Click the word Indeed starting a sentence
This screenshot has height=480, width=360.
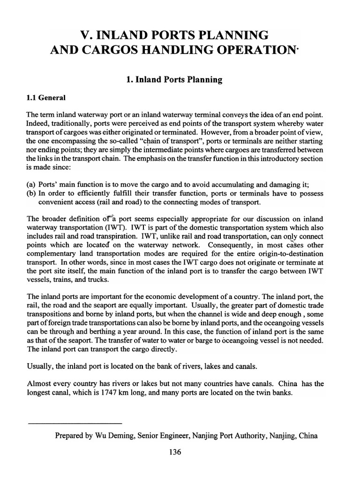click(x=38, y=124)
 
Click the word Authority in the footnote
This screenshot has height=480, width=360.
click(x=247, y=435)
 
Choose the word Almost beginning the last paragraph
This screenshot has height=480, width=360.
click(x=38, y=384)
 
